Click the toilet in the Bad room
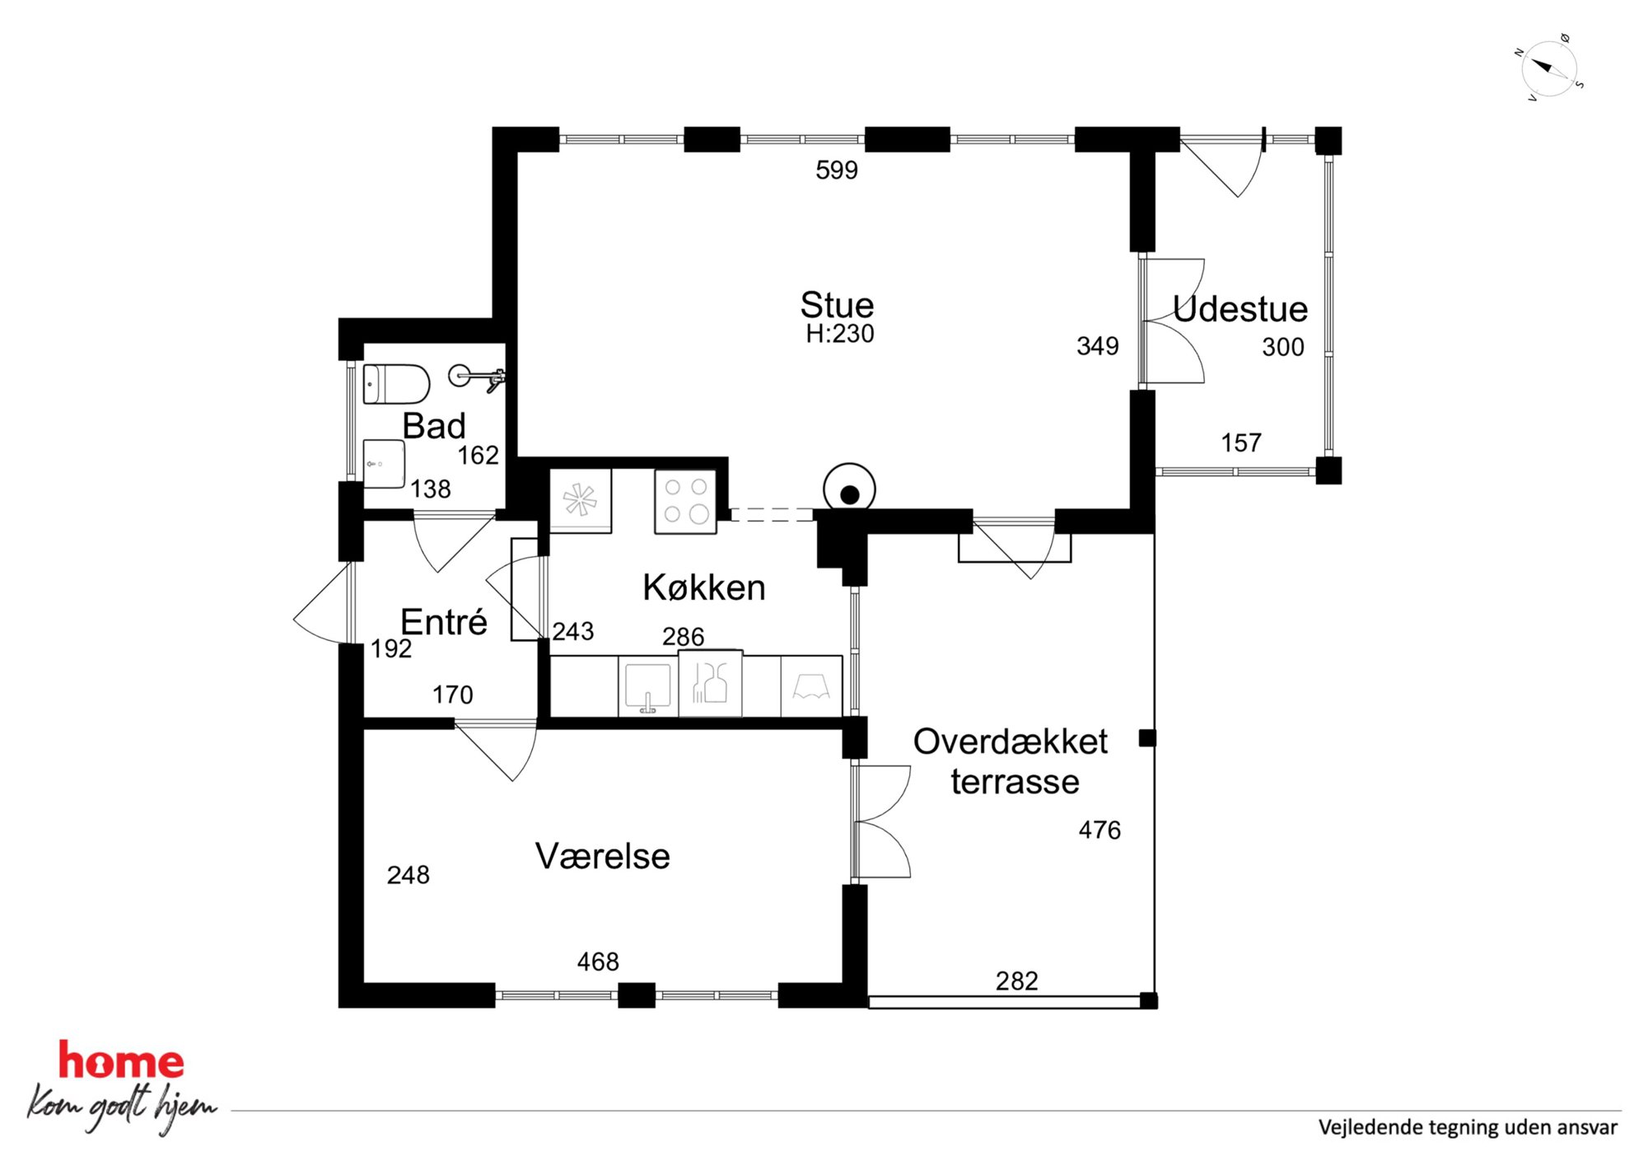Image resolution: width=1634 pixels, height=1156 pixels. [x=396, y=384]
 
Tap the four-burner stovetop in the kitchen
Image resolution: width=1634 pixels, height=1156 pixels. [x=685, y=501]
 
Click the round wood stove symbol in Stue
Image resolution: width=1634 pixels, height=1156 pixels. [x=849, y=489]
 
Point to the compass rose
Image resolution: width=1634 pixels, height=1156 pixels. [x=1549, y=68]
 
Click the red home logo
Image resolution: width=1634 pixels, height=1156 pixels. [x=121, y=1061]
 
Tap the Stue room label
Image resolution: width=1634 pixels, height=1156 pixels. [x=837, y=305]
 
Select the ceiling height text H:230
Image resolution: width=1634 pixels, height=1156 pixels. [x=839, y=334]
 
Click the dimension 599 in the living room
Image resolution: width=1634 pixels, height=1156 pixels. [x=837, y=170]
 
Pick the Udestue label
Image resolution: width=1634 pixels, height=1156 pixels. [x=1240, y=309]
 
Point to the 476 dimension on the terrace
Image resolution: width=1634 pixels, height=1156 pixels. [x=1099, y=830]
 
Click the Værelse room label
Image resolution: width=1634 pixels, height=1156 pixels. [x=603, y=856]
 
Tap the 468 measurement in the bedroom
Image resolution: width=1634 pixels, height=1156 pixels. [x=598, y=962]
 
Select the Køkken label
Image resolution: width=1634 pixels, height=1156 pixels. [x=704, y=587]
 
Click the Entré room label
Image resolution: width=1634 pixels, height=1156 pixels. [x=444, y=621]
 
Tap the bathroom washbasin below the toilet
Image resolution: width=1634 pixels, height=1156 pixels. [x=384, y=464]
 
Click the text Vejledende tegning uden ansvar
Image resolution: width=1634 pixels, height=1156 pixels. [x=1468, y=1127]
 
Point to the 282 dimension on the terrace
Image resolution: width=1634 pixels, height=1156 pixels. [x=1017, y=980]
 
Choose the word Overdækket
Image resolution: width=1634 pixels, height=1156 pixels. [x=1011, y=742]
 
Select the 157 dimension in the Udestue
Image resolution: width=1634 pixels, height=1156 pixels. [x=1241, y=442]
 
